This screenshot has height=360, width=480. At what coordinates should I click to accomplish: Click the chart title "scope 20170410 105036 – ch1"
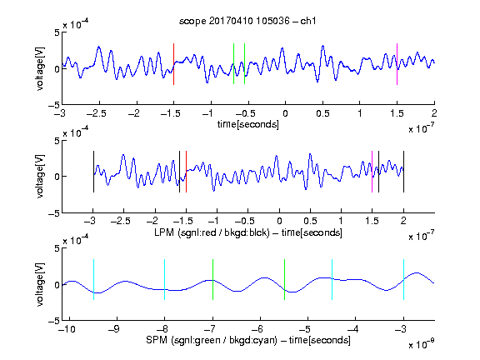(247, 21)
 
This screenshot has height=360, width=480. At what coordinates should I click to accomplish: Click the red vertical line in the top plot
(173, 64)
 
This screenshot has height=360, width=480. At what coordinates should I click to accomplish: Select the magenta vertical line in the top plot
(397, 64)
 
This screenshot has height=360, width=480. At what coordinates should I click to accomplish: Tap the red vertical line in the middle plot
(186, 172)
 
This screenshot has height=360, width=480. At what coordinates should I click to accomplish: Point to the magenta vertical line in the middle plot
(372, 172)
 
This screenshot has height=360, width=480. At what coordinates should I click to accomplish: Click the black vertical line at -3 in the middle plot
(93, 172)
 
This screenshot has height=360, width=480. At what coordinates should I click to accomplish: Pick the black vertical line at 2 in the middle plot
(404, 172)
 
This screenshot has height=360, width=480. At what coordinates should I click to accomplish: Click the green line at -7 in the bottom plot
(212, 279)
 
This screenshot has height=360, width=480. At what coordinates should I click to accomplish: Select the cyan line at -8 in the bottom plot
(165, 279)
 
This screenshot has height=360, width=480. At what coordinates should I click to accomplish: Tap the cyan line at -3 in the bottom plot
(404, 279)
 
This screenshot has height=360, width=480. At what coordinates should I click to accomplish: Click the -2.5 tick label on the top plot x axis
(97, 114)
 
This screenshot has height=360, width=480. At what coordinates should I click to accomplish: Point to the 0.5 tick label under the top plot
(322, 114)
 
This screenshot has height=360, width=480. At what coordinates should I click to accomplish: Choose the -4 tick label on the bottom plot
(353, 329)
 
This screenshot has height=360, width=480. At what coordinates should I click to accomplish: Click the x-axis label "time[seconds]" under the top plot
(248, 124)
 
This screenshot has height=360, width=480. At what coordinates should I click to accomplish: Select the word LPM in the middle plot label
(164, 232)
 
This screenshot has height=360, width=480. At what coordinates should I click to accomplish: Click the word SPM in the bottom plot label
(157, 340)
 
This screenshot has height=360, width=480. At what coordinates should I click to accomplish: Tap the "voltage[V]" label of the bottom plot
(40, 284)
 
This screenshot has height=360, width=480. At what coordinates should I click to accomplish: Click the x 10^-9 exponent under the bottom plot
(421, 344)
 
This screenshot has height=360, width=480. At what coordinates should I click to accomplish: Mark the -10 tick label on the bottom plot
(67, 329)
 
